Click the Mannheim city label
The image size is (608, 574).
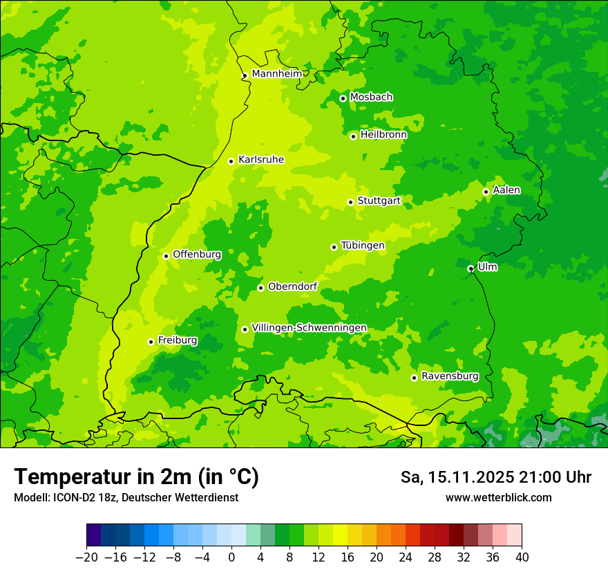pos(276,74)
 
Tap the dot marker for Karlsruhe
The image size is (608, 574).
pos(231,161)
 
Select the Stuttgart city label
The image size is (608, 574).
pos(379,201)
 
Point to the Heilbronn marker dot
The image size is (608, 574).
pos(353,136)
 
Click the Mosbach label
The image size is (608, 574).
pos(371,98)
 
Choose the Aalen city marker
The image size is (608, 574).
pos(486,192)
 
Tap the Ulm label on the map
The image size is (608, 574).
pos(487,267)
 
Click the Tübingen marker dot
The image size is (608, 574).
pos(334,247)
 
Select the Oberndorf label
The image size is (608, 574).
pos(292,286)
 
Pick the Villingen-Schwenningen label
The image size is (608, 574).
pos(309,328)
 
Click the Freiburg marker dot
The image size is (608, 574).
pos(151,342)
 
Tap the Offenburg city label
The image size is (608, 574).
pos(197,254)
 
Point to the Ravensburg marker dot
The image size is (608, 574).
pos(414,378)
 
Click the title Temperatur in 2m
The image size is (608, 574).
pos(136,477)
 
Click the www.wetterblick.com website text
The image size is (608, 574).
pos(498,497)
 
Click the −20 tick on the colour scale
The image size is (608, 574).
pos(86,557)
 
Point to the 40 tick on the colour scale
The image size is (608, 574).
pos(522,557)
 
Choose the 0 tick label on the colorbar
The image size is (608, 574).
pos(231,557)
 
